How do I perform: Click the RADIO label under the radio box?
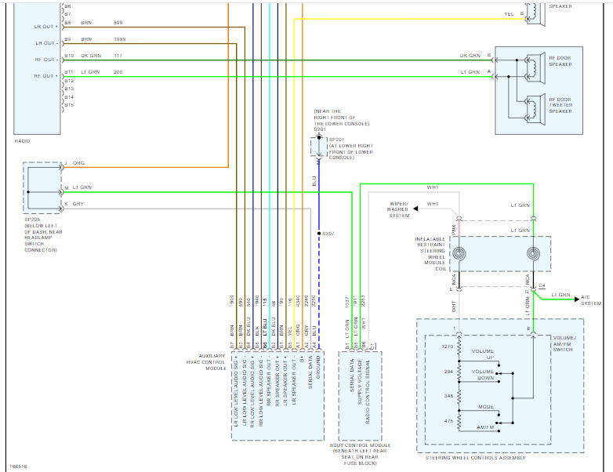[x=23, y=141]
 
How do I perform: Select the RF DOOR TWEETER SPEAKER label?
[x=560, y=105]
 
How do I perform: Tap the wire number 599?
[x=118, y=23]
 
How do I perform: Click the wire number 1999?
[x=119, y=38]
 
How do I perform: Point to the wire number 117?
[x=118, y=56]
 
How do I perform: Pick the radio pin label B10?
[x=69, y=56]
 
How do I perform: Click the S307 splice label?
[x=328, y=234]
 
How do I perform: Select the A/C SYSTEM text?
[x=592, y=300]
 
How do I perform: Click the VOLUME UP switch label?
[x=483, y=354]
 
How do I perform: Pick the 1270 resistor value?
[x=448, y=346]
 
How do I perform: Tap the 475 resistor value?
[x=449, y=421]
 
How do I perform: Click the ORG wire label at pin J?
[x=78, y=163]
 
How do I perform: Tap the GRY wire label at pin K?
[x=78, y=204]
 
